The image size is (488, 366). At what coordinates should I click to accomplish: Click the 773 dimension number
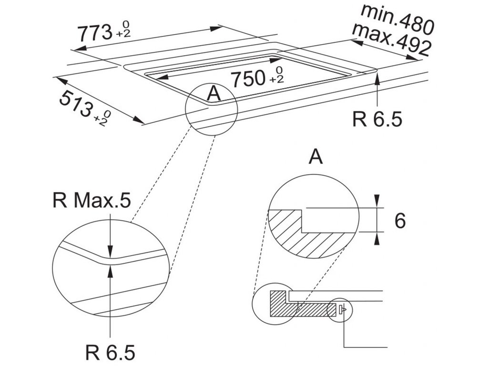tap(94, 33)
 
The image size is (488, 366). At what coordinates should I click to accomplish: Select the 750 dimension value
tap(249, 79)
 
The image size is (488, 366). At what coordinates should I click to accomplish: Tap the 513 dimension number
tap(76, 104)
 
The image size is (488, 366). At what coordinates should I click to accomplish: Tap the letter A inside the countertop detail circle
tap(214, 94)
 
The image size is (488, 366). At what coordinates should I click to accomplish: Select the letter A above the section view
tap(315, 157)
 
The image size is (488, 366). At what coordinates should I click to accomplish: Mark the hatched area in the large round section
tap(305, 238)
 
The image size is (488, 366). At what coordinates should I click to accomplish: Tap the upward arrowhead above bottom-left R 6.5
tap(110, 270)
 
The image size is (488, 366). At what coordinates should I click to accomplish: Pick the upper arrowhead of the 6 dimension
tap(377, 202)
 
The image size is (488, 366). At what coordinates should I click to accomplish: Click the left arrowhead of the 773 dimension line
tap(78, 49)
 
